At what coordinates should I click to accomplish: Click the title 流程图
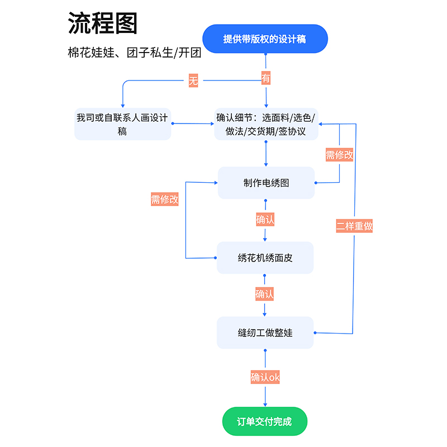103,24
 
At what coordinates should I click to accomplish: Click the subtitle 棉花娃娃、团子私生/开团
134,54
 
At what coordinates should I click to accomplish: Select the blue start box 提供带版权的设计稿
265,39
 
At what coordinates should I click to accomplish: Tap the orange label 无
193,81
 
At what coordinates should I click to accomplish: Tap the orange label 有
266,79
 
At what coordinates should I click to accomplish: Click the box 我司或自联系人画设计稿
122,124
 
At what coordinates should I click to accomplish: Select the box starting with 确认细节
266,124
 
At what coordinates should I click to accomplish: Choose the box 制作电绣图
266,183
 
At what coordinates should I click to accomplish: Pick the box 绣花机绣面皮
265,258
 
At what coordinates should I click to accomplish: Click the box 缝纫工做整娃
265,332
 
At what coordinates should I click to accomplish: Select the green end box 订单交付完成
265,421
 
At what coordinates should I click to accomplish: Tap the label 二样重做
354,226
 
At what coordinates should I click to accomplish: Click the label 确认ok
265,378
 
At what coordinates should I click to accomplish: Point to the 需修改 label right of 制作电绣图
339,155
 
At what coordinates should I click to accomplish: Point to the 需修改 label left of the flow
164,199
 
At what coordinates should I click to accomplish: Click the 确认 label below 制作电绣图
265,220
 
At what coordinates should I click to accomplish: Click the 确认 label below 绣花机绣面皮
265,294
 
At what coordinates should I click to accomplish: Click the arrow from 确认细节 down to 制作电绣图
266,154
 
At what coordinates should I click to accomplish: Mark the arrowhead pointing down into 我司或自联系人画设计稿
122,104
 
